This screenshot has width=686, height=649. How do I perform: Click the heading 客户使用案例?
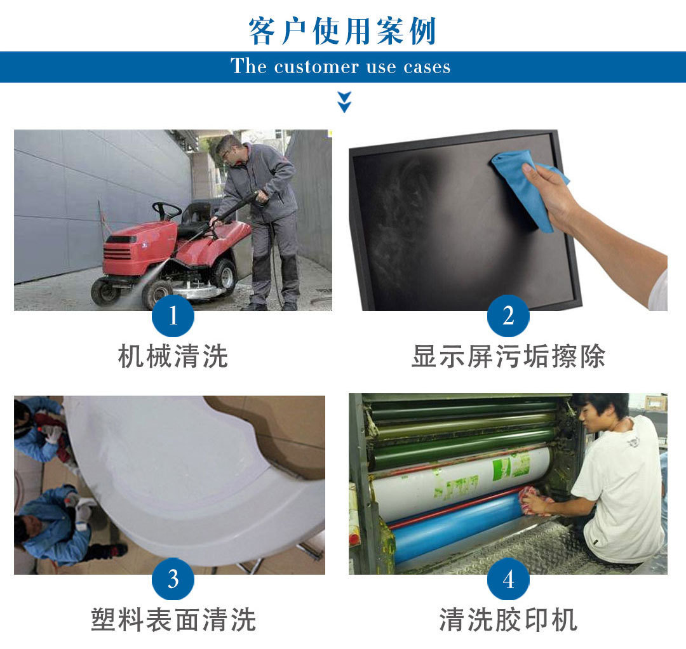tap(342, 31)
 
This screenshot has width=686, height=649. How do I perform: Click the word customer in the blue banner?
tap(316, 67)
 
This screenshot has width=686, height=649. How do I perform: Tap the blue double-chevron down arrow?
tap(344, 102)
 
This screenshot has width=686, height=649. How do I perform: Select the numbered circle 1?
tap(173, 316)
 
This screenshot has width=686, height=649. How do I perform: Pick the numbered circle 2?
tap(508, 316)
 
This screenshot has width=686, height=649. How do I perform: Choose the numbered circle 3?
tap(173, 579)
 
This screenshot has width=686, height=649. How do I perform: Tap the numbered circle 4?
tap(508, 579)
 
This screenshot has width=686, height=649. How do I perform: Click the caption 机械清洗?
tap(173, 356)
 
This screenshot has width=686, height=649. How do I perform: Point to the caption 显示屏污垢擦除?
tap(508, 356)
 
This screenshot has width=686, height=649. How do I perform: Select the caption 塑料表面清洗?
tap(173, 619)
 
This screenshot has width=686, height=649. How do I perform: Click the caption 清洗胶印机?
tap(508, 619)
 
